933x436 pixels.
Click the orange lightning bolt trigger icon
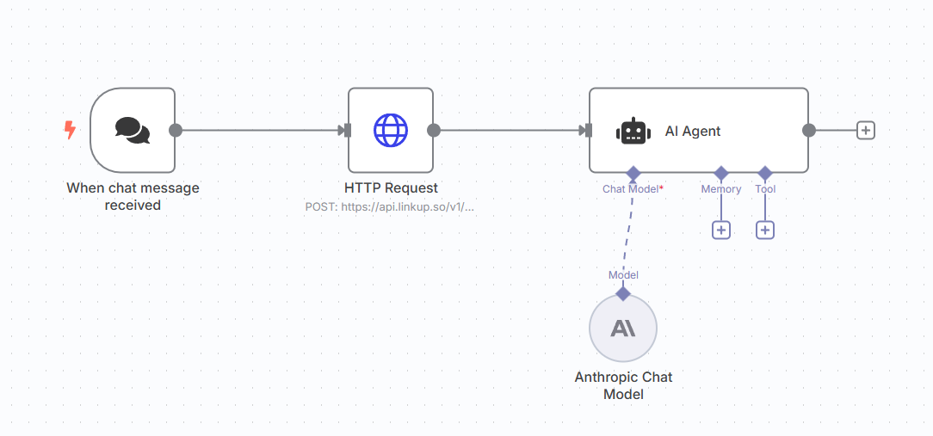[71, 130]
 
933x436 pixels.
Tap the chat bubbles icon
[133, 130]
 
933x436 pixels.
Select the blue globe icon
[391, 130]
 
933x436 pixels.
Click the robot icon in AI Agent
[633, 131]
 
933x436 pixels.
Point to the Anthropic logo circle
[623, 328]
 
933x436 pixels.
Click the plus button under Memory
[721, 230]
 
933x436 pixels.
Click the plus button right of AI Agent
[866, 130]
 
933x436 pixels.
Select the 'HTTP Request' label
[391, 187]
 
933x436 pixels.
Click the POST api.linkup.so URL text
[390, 206]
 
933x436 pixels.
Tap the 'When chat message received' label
[133, 196]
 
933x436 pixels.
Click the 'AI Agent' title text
[693, 131]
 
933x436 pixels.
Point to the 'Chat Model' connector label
[632, 188]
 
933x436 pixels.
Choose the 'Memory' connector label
[721, 188]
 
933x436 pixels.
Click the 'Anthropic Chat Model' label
[623, 385]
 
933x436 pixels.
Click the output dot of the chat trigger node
[176, 130]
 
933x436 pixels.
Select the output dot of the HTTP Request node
[434, 130]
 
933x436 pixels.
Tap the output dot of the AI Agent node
[809, 130]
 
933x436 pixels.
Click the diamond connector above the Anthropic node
[623, 293]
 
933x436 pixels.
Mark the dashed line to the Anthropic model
[627, 232]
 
